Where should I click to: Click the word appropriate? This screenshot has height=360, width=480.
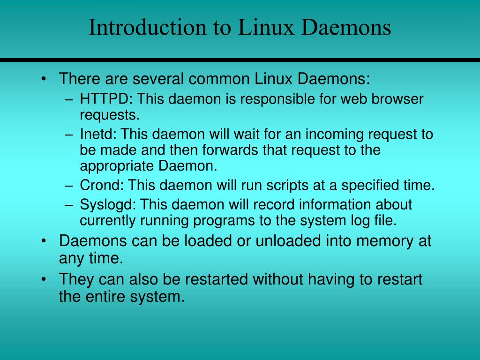pos(117,166)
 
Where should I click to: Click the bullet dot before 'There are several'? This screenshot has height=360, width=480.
pos(44,78)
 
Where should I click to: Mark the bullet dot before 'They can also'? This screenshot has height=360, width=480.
pos(44,280)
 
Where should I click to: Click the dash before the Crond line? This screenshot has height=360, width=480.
pos(69,186)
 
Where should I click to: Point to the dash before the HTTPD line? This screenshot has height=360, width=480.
pos(69,100)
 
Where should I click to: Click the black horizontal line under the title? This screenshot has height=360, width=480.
pos(240,60)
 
